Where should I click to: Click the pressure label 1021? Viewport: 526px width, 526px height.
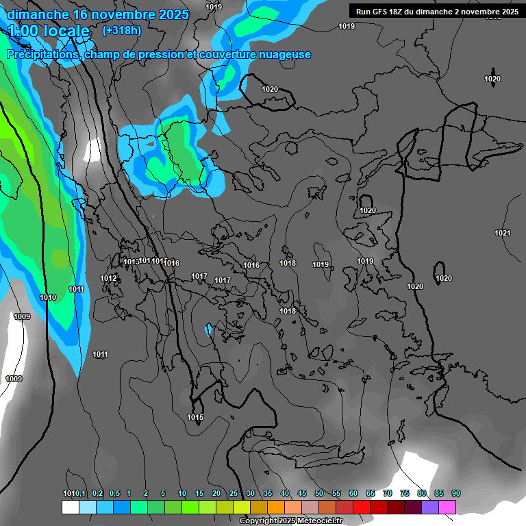click(x=503, y=233)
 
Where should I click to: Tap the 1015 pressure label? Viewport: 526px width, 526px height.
click(x=195, y=417)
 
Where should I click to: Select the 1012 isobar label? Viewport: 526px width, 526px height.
click(x=108, y=278)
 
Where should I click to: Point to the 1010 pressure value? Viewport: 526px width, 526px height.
click(x=48, y=297)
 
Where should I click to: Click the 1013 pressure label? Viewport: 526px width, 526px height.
click(x=131, y=262)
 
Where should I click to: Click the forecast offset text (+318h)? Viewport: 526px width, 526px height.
click(x=121, y=30)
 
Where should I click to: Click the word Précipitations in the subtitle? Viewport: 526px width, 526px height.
click(x=42, y=55)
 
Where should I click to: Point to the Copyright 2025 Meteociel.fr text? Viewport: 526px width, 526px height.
click(x=291, y=521)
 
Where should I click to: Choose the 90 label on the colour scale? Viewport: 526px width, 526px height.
click(x=456, y=493)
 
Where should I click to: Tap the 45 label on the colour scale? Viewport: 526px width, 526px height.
click(x=302, y=493)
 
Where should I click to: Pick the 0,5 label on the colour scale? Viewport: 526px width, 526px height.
click(x=114, y=493)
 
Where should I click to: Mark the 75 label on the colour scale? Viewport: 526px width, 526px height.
click(x=405, y=493)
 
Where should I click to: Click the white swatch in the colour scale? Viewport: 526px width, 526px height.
click(x=70, y=507)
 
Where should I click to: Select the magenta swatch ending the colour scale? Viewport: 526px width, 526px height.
click(x=447, y=507)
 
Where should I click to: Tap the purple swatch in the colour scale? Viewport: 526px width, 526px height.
click(x=430, y=507)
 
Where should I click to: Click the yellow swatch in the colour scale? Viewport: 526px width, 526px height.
click(x=241, y=507)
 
